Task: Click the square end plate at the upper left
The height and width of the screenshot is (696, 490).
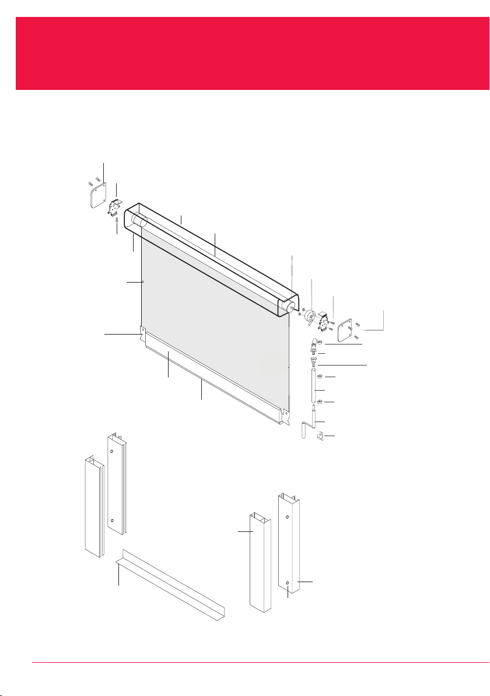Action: (x=97, y=195)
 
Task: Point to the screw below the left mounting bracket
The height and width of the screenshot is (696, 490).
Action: (x=117, y=221)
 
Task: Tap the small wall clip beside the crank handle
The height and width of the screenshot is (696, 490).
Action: (x=320, y=436)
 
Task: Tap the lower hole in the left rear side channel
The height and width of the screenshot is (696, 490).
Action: (x=111, y=520)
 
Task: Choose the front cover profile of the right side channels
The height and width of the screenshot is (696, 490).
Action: (x=260, y=561)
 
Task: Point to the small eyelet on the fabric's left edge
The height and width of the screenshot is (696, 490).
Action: (x=143, y=282)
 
